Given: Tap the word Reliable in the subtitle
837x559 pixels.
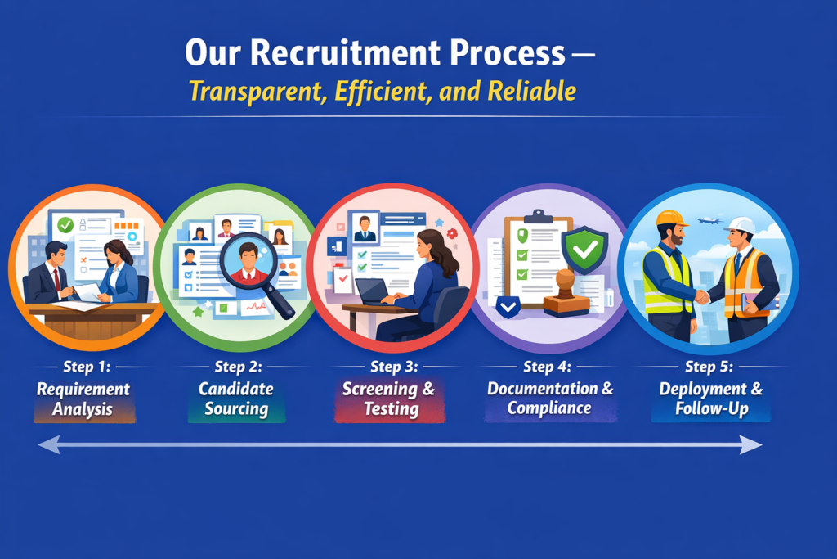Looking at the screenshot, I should (x=532, y=90).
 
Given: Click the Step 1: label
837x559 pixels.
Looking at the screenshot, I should (x=86, y=367).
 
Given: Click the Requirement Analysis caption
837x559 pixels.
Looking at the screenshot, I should (x=83, y=399).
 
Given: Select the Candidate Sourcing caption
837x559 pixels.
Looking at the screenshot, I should (x=236, y=399).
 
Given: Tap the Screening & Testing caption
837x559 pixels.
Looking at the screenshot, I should (x=389, y=399).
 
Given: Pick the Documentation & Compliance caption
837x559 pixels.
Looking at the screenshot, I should (x=550, y=399).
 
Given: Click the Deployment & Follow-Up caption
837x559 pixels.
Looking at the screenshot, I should (x=711, y=399).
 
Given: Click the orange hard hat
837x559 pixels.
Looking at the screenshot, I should (x=672, y=219).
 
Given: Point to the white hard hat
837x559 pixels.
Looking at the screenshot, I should (x=741, y=225).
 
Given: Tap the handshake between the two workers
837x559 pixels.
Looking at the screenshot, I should (x=701, y=296).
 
